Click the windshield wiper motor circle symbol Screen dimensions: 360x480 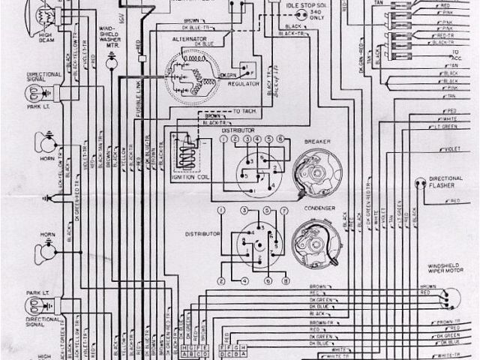(x=445, y=295)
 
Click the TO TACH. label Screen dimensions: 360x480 (x=244, y=111)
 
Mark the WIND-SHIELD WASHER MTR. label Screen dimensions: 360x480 (x=112, y=37)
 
